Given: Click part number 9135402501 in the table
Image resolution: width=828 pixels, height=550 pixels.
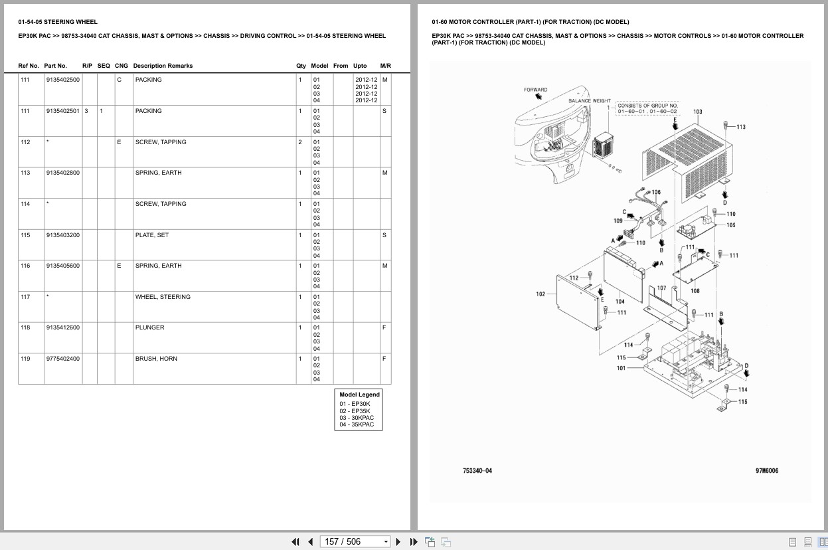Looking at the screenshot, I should [62, 111].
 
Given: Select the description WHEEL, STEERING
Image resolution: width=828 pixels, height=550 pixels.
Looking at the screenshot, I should [163, 297].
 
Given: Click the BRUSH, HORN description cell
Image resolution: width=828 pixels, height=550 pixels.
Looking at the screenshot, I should [156, 359].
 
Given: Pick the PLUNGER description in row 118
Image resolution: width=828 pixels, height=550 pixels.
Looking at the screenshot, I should [149, 327].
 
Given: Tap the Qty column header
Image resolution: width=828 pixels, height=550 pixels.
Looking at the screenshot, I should [301, 66].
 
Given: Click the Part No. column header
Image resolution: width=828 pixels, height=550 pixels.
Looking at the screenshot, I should [55, 66].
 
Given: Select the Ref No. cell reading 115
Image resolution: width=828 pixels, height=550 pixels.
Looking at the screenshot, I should [25, 235].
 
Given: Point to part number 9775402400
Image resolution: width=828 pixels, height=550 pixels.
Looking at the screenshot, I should [62, 359].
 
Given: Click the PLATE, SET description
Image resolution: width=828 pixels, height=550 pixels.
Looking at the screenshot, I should [151, 235].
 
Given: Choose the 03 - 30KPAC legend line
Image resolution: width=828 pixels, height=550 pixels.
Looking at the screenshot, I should [357, 418].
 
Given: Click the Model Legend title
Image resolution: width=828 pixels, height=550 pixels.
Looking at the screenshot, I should [359, 395].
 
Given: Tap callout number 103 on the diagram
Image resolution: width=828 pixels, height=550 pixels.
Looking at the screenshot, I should [697, 112].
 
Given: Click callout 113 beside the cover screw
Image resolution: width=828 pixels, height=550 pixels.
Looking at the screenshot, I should [740, 127].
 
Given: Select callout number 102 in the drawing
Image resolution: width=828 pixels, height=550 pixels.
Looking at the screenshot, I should [540, 294].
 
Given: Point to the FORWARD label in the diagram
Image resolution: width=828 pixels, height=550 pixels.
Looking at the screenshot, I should [535, 90].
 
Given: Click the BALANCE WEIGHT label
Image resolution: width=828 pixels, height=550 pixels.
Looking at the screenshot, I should [589, 101].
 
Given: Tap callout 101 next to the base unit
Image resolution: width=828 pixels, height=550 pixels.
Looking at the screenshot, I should [621, 368].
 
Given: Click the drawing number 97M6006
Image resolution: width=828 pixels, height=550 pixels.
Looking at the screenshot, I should [766, 471].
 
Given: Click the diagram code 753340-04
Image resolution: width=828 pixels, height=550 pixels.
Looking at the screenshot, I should [477, 471].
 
